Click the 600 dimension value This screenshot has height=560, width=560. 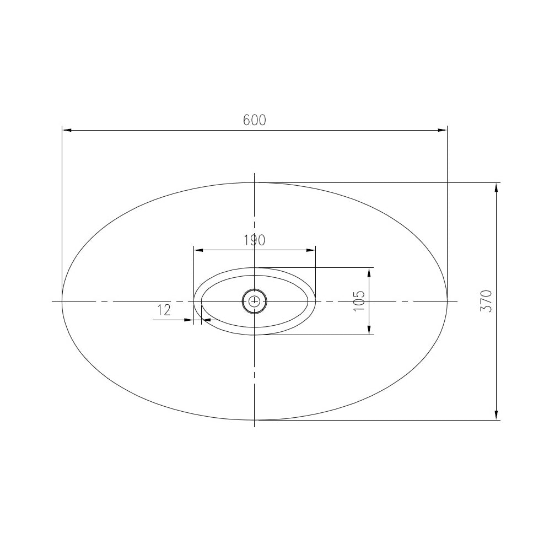click(x=254, y=120)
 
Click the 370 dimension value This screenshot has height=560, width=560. click(x=486, y=301)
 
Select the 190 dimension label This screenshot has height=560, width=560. click(x=254, y=240)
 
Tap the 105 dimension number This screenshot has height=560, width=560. click(x=358, y=301)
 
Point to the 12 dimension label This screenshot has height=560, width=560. click(x=164, y=310)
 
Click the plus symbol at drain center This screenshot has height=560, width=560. click(x=254, y=301)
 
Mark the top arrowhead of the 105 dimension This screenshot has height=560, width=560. click(x=368, y=272)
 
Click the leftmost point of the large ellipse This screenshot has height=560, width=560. click(x=62, y=301)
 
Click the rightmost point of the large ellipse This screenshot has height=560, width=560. click(x=446, y=301)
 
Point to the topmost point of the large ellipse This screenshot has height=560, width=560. click(x=254, y=182)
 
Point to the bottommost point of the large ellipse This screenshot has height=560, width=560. click(x=254, y=420)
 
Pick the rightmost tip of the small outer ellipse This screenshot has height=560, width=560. click(x=315, y=301)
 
